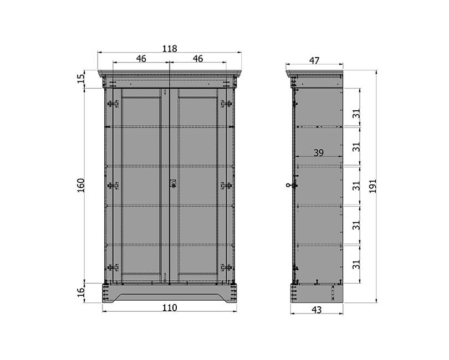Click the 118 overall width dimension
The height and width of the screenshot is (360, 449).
(x=170, y=49)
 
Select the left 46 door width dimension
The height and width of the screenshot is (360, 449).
(x=141, y=59)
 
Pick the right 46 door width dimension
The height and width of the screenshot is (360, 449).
(x=197, y=59)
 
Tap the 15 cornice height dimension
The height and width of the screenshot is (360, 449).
(x=81, y=78)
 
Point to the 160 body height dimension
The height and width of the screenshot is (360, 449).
(x=81, y=185)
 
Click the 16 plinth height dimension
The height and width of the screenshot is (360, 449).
(x=81, y=292)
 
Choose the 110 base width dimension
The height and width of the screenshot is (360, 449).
(x=170, y=308)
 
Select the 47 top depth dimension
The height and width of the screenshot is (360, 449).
(x=314, y=61)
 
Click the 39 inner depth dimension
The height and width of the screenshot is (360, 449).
(x=318, y=153)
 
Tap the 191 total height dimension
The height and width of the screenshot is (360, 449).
(x=373, y=186)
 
